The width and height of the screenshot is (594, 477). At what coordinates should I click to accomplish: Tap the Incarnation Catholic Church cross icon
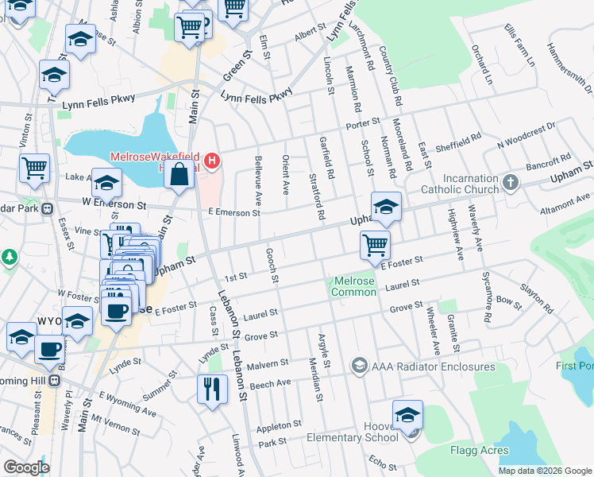(510, 184)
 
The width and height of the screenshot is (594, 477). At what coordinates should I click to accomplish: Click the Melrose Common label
(354, 286)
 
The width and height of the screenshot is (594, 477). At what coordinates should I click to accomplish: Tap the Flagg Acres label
(479, 451)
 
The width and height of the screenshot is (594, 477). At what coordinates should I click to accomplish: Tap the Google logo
(26, 467)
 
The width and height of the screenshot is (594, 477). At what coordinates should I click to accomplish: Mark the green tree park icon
(9, 258)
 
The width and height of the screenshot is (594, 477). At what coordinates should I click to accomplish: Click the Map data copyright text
(545, 471)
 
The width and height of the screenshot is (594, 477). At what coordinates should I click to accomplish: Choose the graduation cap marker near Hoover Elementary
(408, 415)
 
